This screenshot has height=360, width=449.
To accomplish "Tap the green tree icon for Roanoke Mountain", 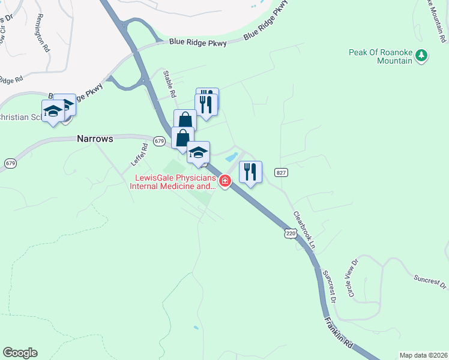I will click(x=422, y=56).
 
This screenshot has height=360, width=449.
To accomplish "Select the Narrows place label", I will click(x=95, y=139).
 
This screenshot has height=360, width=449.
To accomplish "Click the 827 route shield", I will click(x=280, y=172).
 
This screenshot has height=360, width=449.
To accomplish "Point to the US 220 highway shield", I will click(x=291, y=233).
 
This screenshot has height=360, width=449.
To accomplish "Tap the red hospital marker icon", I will click(x=225, y=181).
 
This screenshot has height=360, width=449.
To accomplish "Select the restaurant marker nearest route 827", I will click(x=251, y=172).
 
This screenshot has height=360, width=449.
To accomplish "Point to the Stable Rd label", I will click(x=170, y=84).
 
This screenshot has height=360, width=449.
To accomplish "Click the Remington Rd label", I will click(x=43, y=33).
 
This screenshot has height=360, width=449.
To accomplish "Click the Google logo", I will click(x=20, y=353).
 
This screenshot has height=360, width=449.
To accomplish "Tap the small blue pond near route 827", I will click(x=231, y=158).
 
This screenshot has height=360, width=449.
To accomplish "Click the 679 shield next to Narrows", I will click(x=159, y=141).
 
